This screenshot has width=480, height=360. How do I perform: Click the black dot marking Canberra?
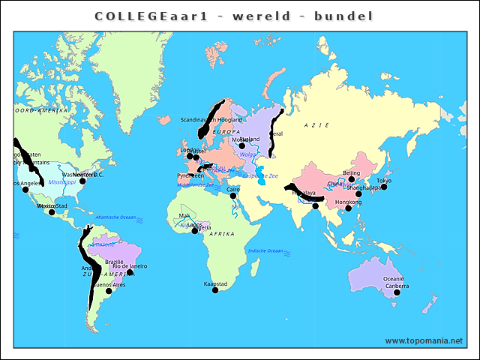pyautogui.click(x=397, y=292)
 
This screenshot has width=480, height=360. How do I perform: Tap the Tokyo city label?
pyautogui.click(x=384, y=181)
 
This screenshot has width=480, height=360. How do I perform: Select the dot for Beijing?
pyautogui.click(x=352, y=179)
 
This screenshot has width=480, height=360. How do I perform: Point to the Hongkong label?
pyautogui.click(x=348, y=202)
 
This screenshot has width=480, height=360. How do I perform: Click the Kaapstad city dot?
pyautogui.click(x=215, y=290)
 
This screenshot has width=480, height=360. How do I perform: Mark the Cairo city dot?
pyautogui.click(x=233, y=196)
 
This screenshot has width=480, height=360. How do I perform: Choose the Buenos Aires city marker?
pyautogui.click(x=109, y=291)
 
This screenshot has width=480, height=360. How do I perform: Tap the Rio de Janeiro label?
pyautogui.click(x=130, y=266)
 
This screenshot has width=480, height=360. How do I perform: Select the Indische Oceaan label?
pyautogui.click(x=265, y=250)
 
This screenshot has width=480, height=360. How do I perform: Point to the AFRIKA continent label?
pyautogui.click(x=221, y=234)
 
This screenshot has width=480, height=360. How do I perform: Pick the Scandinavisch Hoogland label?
pyautogui.click(x=211, y=119)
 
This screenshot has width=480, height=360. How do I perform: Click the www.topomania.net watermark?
pyautogui.click(x=424, y=340)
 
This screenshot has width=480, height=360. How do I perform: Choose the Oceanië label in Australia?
pyautogui.click(x=393, y=279)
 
